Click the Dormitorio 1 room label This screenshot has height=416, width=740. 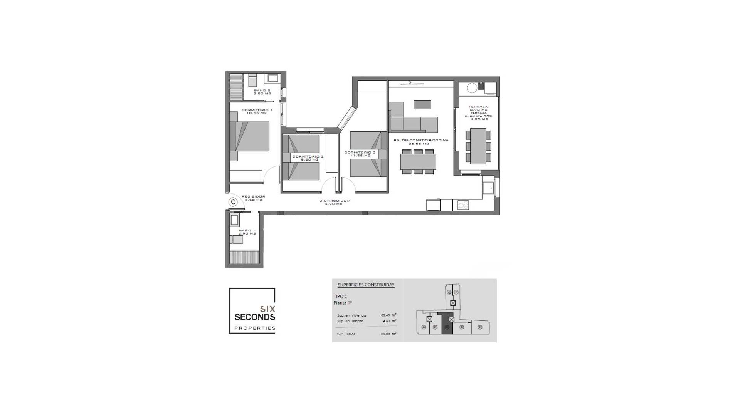click(x=257, y=111)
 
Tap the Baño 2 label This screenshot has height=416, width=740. click(x=262, y=92)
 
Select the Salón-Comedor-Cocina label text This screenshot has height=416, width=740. click(x=421, y=142)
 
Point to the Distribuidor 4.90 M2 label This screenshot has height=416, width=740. click(x=334, y=202)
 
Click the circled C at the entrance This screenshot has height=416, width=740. click(x=233, y=202)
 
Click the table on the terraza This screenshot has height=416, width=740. click(x=478, y=146)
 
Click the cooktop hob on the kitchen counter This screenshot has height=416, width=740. click(x=463, y=205)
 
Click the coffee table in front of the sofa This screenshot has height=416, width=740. click(x=422, y=104)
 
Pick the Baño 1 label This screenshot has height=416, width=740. click(x=247, y=232)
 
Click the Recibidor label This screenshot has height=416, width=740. click(x=253, y=198)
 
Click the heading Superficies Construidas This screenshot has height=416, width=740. click(x=366, y=285)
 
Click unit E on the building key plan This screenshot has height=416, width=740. click(x=480, y=327)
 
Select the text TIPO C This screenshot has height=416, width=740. click(x=340, y=297)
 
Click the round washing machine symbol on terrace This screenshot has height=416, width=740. click(x=472, y=88)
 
